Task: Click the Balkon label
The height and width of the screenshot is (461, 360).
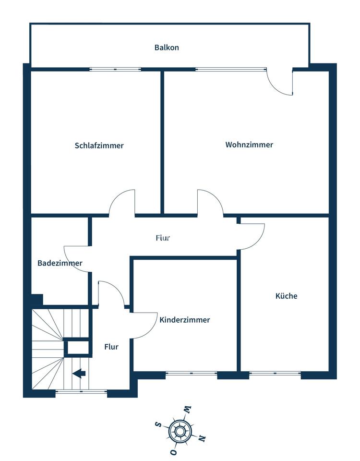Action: coord(167,48)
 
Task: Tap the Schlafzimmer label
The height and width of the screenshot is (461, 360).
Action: coord(99,146)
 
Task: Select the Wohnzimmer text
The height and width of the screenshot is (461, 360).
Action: coord(249,145)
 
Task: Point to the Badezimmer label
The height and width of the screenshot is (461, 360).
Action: coord(60,263)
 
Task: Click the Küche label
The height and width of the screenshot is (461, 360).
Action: coord(286,296)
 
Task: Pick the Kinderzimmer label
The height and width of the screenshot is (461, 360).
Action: coord(185,320)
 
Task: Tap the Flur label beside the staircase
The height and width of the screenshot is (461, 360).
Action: coord(111,347)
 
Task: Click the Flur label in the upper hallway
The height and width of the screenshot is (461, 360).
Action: coord(163,238)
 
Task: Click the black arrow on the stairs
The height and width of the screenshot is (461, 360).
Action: coord(79,373)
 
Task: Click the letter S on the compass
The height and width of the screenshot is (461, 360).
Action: coord(157,424)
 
